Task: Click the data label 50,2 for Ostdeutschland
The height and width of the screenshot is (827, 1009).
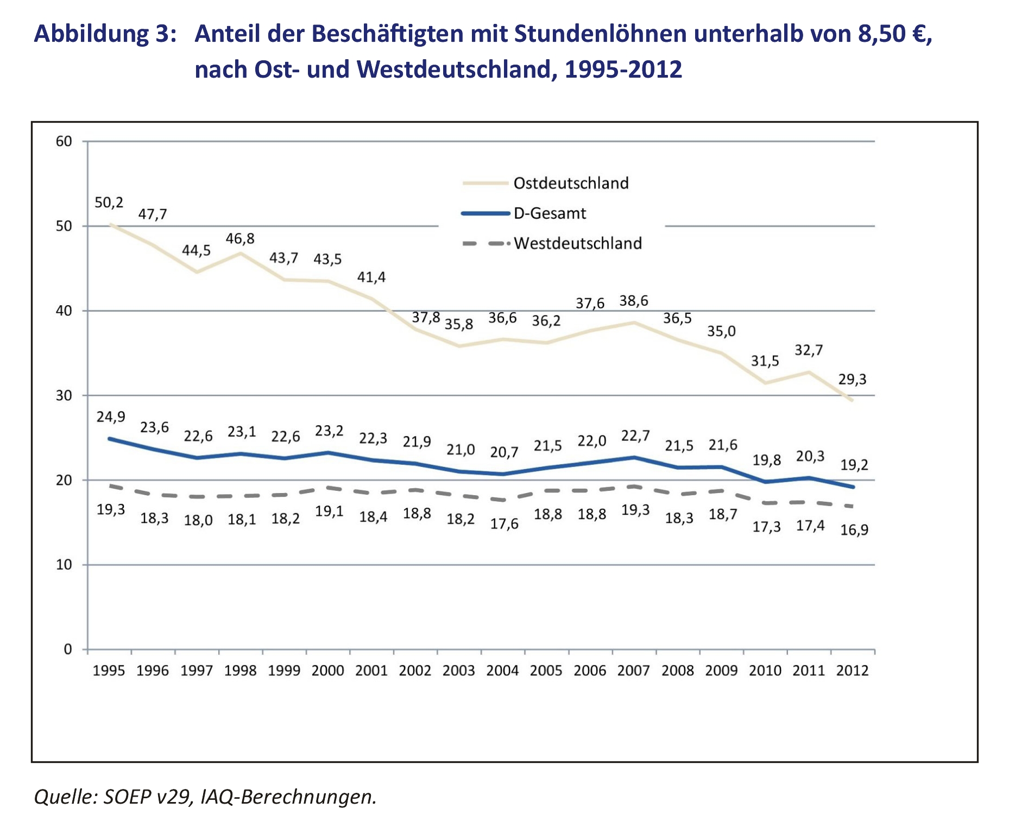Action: point(109,203)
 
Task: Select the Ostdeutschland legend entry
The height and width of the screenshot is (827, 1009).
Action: point(570,183)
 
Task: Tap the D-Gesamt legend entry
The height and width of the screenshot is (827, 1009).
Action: point(549,213)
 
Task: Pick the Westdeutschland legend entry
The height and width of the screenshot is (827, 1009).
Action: point(577,243)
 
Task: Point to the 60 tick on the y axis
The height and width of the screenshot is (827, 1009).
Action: point(64,141)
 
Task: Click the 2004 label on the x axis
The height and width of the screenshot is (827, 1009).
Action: point(502,671)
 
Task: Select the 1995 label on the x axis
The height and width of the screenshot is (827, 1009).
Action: point(109,671)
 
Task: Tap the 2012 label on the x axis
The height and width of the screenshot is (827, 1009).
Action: point(853,671)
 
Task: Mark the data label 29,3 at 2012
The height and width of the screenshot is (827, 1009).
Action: point(852,379)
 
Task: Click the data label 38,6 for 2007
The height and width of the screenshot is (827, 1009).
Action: point(634,301)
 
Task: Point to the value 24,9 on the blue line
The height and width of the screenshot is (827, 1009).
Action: point(111,416)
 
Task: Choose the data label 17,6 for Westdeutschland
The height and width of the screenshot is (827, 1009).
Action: point(504,524)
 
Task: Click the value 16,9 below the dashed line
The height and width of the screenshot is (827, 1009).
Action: point(854,529)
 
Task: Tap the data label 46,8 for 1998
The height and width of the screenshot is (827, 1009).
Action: point(240,238)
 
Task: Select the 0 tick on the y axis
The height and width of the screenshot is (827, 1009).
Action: point(67,649)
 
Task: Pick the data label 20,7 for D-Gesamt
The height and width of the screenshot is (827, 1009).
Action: point(504,452)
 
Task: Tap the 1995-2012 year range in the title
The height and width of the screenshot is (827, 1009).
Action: point(623,70)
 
